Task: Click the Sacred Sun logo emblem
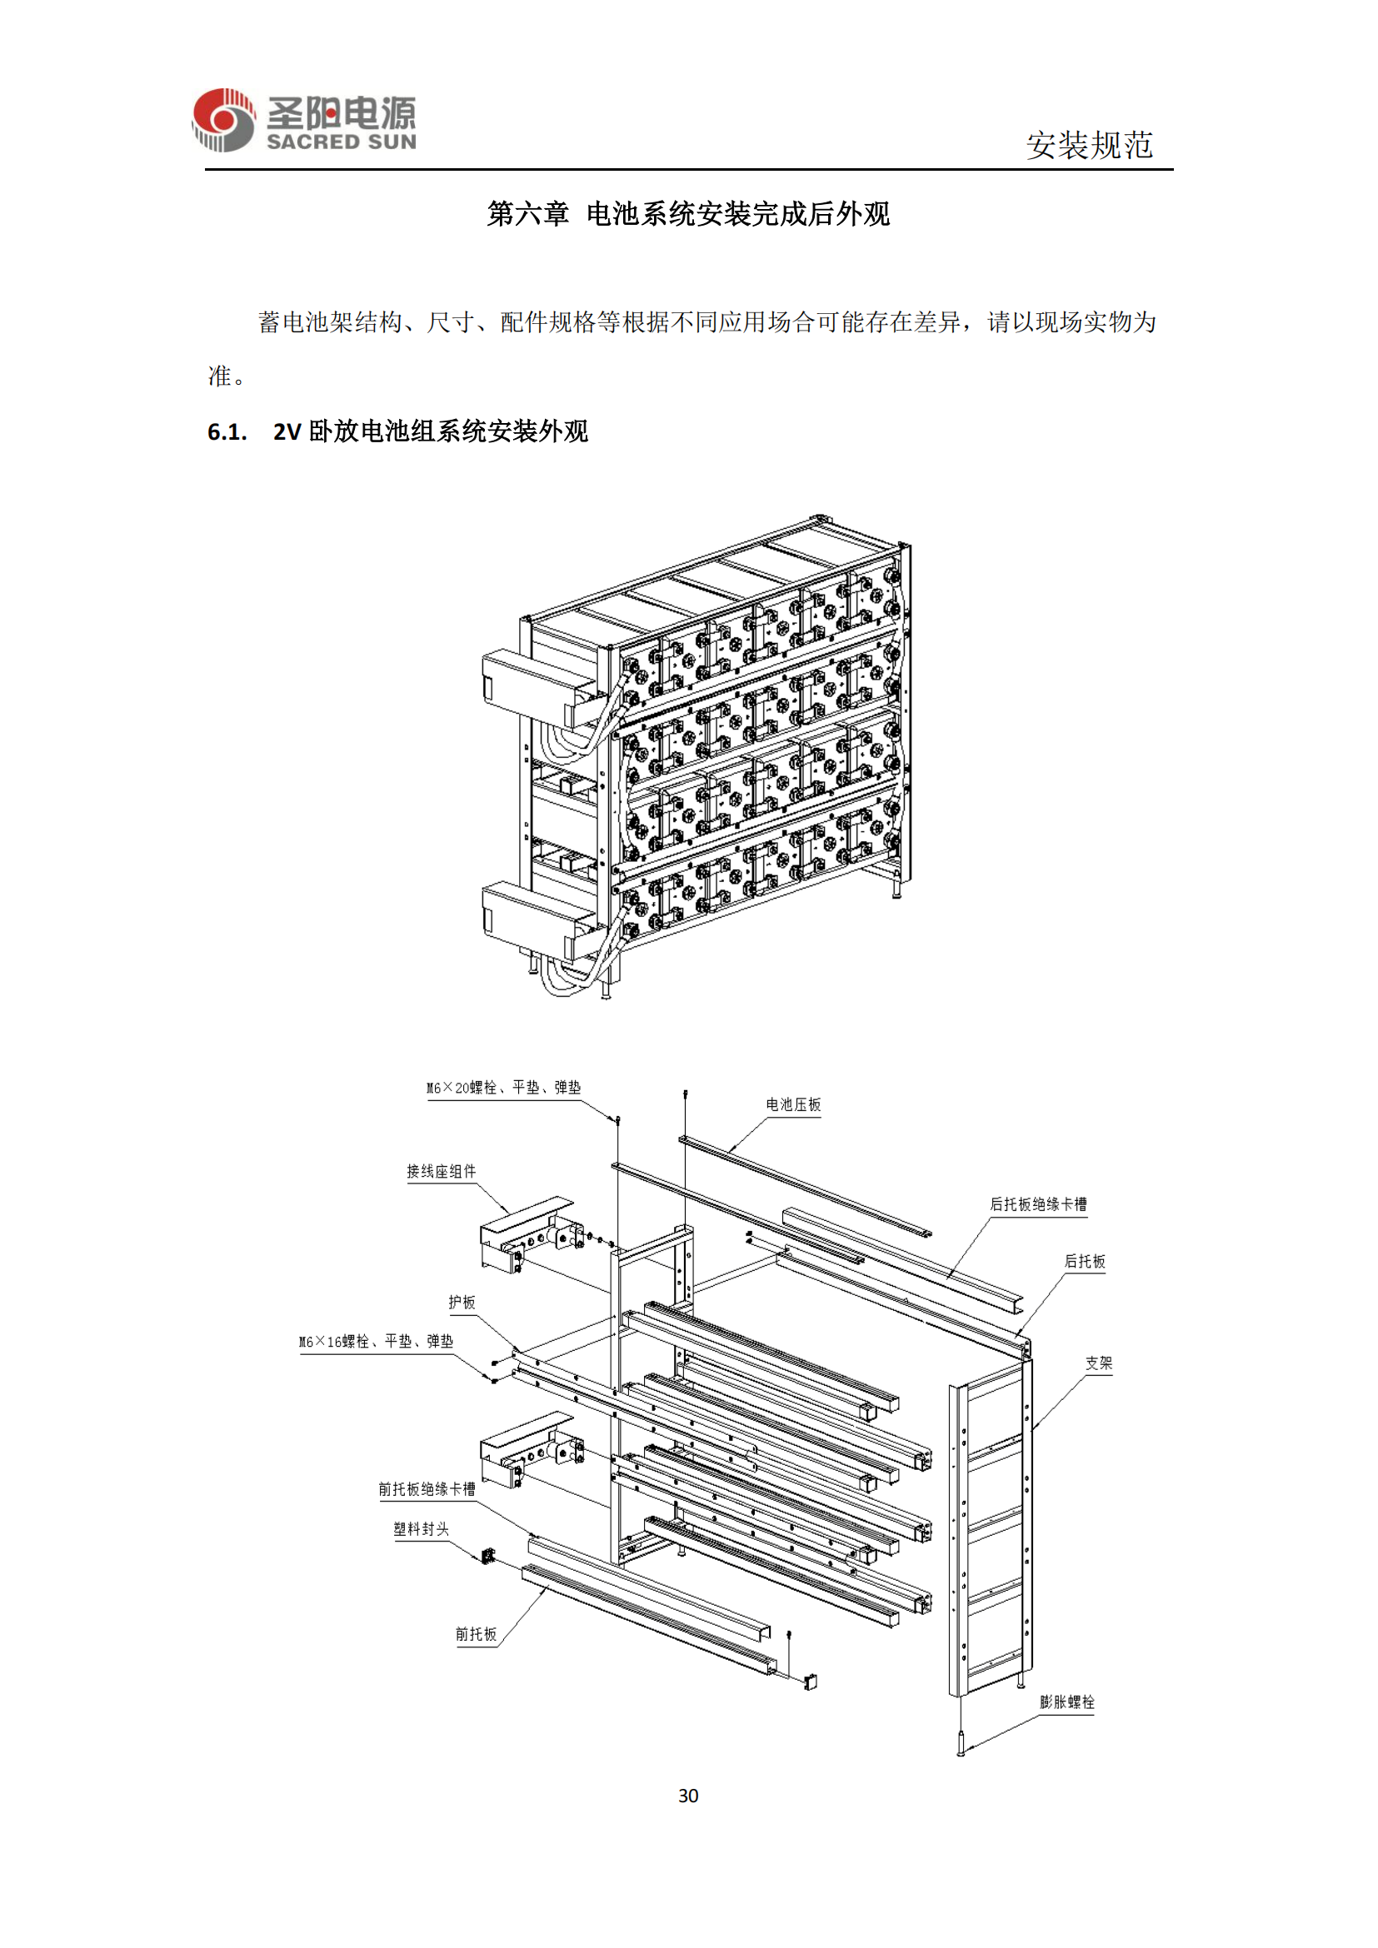tap(223, 121)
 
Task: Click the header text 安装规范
tap(1090, 145)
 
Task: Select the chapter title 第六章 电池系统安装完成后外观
tap(688, 214)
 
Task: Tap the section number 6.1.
tap(227, 432)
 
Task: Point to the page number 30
tap(688, 1796)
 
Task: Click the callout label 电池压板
tap(793, 1104)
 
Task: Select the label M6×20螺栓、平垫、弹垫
tap(503, 1088)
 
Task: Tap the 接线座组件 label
tap(442, 1171)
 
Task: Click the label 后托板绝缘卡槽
tap(1038, 1204)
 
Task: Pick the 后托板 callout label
tap(1085, 1262)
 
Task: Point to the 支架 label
tap(1098, 1363)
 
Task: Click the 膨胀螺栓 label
tap(1066, 1702)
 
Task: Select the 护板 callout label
tap(462, 1303)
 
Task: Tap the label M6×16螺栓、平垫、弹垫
tap(376, 1342)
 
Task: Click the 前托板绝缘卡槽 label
tap(427, 1489)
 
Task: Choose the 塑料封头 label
tap(421, 1529)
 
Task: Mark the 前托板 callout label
tap(475, 1634)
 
